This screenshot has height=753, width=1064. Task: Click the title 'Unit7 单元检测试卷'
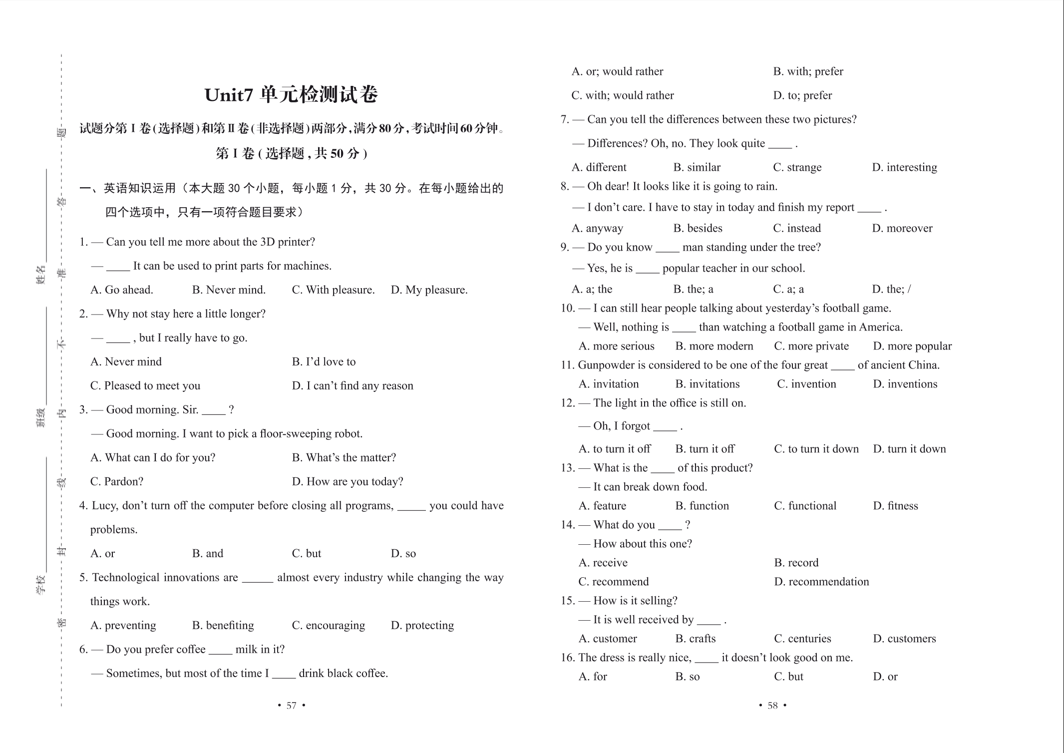click(291, 95)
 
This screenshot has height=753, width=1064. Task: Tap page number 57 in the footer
click(291, 706)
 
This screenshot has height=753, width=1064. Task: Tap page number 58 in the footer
click(772, 706)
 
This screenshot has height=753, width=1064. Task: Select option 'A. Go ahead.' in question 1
click(122, 290)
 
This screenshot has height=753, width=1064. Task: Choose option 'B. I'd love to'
click(324, 362)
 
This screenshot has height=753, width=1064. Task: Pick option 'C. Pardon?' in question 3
click(117, 482)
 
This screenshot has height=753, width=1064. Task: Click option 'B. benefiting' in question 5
click(223, 626)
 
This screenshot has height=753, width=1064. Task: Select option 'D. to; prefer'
click(802, 95)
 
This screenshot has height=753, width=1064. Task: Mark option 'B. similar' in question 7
click(697, 167)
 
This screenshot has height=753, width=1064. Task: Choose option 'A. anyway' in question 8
click(597, 228)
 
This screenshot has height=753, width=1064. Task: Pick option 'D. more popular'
click(912, 346)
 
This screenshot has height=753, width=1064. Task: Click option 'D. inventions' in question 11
click(905, 384)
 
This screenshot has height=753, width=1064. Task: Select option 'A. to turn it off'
click(614, 449)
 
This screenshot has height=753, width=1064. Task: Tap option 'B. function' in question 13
click(702, 506)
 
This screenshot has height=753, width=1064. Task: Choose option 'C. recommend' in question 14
click(613, 582)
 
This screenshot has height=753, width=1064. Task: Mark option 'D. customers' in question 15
click(904, 639)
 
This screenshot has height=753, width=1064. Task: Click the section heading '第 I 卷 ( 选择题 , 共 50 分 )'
click(291, 153)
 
